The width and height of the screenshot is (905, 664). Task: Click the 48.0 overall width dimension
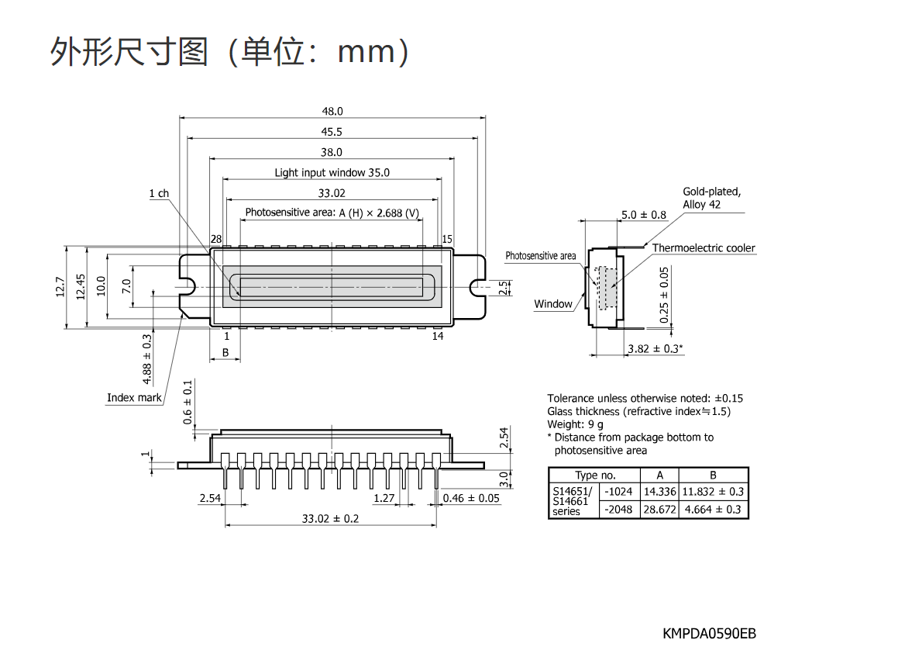[x=332, y=111]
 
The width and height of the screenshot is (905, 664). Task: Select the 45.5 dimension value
[x=332, y=132]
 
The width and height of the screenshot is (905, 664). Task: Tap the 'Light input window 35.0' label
[x=332, y=172]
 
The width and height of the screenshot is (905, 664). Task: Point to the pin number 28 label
[x=216, y=239]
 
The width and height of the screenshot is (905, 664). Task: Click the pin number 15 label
[x=447, y=239]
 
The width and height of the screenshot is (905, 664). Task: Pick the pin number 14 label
[x=438, y=336]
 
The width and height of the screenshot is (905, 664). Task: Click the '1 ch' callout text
[x=159, y=193]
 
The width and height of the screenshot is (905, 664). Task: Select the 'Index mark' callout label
[x=134, y=398]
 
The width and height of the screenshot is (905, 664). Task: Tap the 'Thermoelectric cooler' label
[x=704, y=248]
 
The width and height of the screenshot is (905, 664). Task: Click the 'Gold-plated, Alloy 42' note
[x=711, y=198]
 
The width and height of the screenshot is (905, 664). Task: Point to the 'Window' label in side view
[x=553, y=304]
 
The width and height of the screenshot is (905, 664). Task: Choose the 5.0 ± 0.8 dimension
[x=644, y=215]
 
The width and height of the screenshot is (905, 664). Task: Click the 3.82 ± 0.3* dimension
[x=656, y=348]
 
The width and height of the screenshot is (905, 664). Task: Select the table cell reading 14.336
[x=659, y=492]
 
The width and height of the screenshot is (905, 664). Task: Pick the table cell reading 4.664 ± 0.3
[x=713, y=510]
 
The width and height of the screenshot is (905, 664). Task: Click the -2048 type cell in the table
[x=618, y=510]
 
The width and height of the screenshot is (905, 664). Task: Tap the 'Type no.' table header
[x=595, y=476]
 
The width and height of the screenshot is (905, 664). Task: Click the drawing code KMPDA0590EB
[x=709, y=634]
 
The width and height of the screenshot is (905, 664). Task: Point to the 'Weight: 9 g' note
[x=576, y=424]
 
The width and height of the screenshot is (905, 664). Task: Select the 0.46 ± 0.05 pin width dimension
[x=471, y=498]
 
